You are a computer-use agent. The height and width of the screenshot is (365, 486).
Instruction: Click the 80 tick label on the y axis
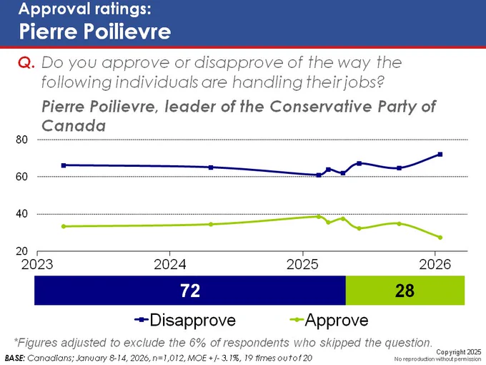[21, 140]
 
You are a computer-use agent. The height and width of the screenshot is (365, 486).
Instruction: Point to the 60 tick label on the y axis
[21, 177]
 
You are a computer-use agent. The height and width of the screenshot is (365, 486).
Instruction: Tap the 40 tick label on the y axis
[21, 214]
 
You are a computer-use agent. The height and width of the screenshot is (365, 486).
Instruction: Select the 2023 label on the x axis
[37, 264]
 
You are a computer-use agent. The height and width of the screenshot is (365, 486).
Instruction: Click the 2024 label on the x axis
[170, 264]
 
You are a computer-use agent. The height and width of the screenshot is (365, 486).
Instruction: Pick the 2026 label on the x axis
[435, 264]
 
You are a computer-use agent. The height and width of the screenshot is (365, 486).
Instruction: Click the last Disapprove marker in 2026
[440, 155]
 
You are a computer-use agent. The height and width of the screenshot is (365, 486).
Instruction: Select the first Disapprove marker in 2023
[64, 165]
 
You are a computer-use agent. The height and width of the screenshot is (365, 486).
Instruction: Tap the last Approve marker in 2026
[440, 238]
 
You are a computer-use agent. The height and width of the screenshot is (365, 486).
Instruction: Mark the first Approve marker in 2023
[64, 226]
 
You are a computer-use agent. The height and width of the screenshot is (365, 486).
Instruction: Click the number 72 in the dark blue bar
[190, 291]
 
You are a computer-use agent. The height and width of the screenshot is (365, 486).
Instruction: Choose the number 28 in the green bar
[405, 291]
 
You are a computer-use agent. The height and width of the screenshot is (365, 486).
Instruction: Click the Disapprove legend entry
[185, 320]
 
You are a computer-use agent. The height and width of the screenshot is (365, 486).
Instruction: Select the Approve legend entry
[329, 320]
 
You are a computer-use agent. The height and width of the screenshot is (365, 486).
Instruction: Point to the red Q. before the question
[26, 63]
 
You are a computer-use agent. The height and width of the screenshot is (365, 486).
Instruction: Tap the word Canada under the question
[74, 126]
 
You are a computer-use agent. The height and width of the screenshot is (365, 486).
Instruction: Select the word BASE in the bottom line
[14, 358]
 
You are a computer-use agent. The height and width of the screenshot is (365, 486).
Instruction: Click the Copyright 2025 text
[458, 352]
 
